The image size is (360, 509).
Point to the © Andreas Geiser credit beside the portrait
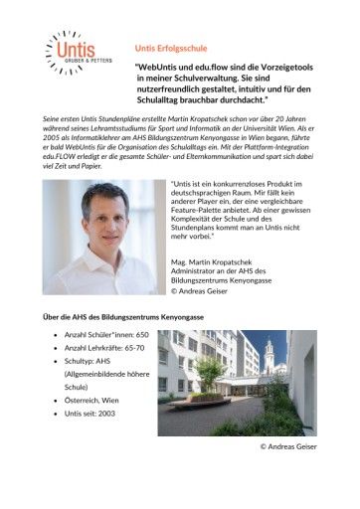click(205, 292)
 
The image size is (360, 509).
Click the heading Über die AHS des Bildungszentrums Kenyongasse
click(122, 316)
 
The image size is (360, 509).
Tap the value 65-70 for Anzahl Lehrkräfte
click(146, 352)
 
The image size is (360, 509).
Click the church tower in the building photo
click(270, 351)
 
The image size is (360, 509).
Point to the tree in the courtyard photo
click(210, 372)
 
